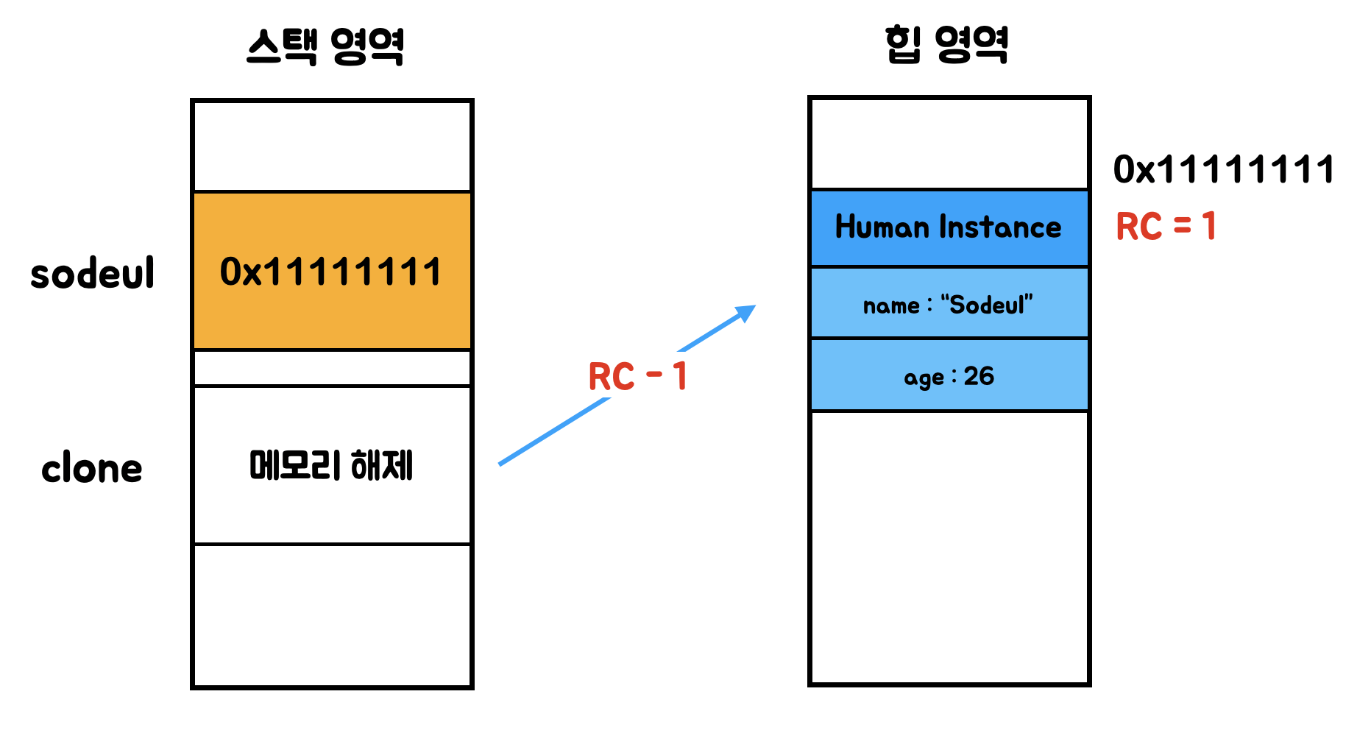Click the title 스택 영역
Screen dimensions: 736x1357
[x=325, y=46]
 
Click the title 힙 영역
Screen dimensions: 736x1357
[x=946, y=44]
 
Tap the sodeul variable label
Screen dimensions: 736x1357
[x=93, y=273]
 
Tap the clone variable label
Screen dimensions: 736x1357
[x=92, y=469]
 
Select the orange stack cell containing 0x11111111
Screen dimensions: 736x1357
[x=331, y=271]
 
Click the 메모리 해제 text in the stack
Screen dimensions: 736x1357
[x=331, y=465]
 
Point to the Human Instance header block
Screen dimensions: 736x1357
[x=949, y=227]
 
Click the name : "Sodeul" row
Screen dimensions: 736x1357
[x=949, y=304]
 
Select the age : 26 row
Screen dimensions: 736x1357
[x=949, y=376]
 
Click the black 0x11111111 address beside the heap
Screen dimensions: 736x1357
[x=1223, y=169]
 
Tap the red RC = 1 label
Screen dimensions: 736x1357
[x=1166, y=226]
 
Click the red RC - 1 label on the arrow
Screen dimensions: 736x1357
[x=637, y=376]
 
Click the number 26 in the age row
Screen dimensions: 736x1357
[x=979, y=376]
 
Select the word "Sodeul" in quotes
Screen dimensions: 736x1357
[x=987, y=304]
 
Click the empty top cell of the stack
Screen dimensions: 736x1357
[x=331, y=146]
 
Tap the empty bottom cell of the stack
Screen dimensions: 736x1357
[x=331, y=615]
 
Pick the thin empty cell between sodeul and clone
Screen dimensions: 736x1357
[x=331, y=367]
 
